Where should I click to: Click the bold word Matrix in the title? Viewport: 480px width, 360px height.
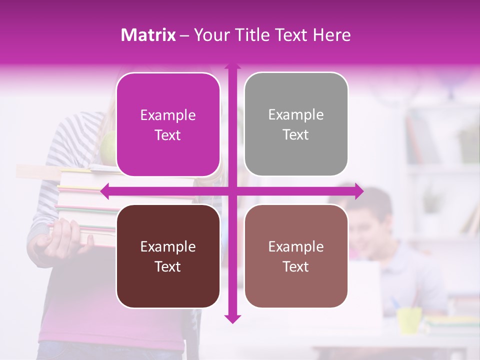pos(148,35)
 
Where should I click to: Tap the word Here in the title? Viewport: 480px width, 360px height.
pos(331,35)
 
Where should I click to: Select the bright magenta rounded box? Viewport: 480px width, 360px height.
pos(168,124)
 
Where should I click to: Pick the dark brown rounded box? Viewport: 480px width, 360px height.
pos(168,256)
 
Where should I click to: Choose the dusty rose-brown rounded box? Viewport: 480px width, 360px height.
pos(296,256)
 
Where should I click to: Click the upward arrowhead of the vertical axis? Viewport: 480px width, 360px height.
pos(232,66)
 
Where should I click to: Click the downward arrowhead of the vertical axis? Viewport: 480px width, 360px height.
pos(232,318)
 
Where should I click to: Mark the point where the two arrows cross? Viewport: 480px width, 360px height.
pos(232,190)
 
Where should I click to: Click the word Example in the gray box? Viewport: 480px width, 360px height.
pos(296,114)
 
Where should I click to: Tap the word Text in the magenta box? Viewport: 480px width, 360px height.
pos(168,135)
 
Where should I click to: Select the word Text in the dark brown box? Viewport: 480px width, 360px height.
pos(168,267)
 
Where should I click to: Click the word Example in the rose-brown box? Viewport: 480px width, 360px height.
pos(296,246)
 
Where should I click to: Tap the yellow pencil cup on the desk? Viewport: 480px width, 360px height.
pos(409,320)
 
